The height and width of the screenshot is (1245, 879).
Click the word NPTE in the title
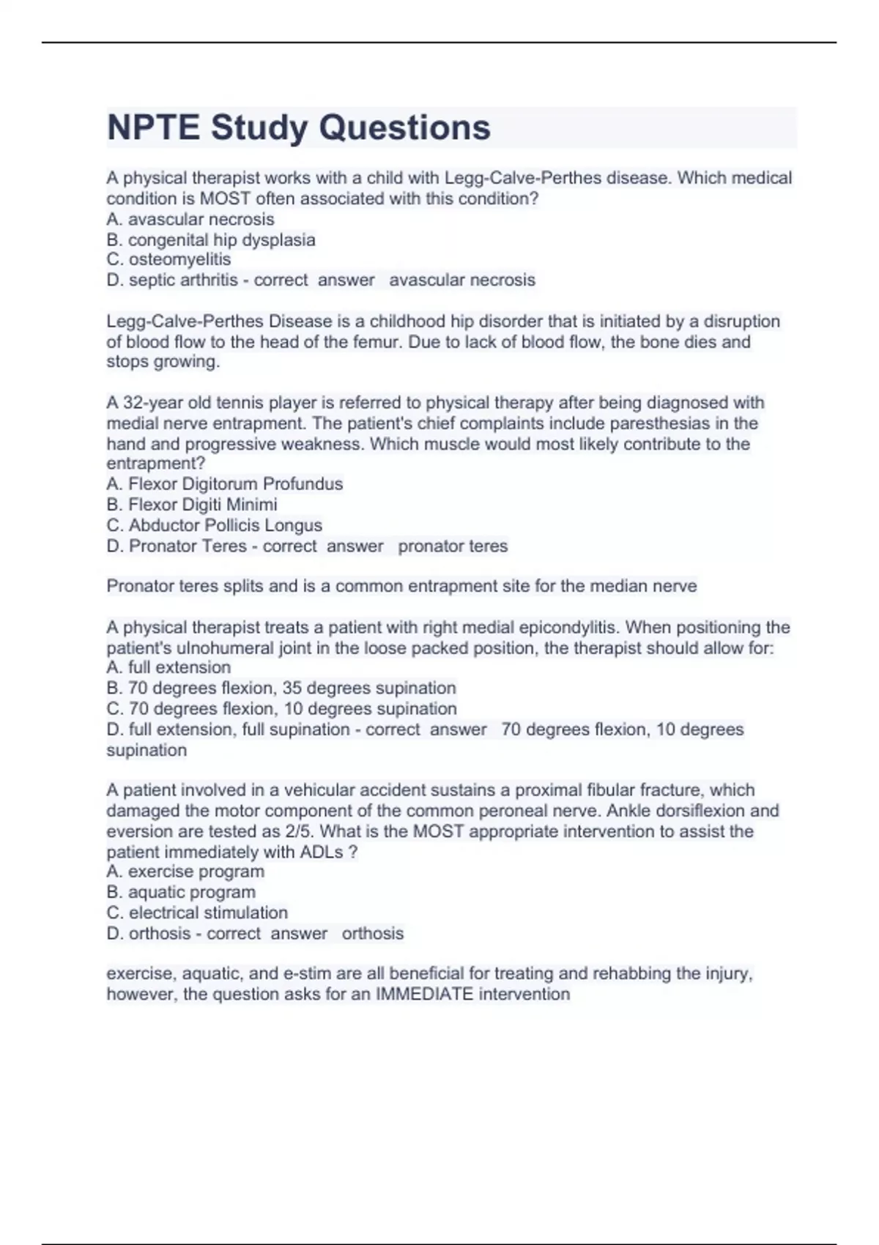point(152,127)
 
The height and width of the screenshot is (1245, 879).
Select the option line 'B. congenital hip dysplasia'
point(211,239)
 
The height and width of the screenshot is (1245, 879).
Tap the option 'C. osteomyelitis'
point(168,259)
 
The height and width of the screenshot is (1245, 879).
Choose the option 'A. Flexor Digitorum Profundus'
point(224,484)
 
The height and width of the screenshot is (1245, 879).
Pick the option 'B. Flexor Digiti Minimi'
point(192,505)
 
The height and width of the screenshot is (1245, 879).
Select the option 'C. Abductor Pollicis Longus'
point(214,525)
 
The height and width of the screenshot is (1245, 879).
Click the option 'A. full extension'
point(168,667)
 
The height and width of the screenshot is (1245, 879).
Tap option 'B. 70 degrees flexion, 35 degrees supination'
point(281,688)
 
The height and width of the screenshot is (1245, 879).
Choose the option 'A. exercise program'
point(185,871)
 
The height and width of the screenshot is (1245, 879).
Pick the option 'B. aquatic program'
point(181,892)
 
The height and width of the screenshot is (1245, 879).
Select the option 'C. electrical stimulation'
point(197,913)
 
